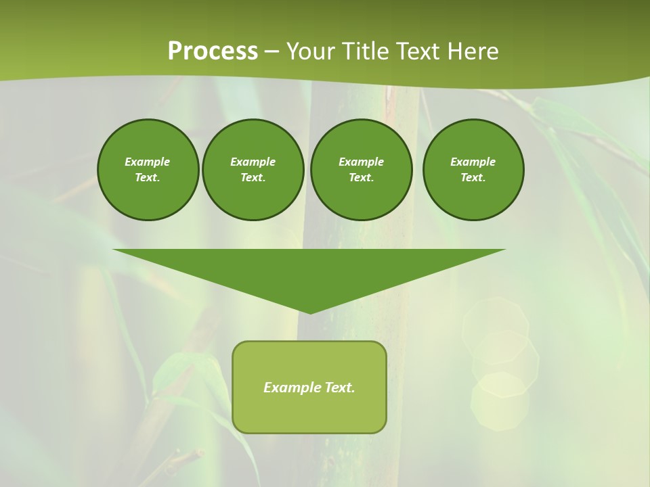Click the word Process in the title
[213, 51]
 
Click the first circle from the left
[148, 170]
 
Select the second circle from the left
[253, 170]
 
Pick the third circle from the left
[361, 170]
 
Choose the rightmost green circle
[473, 170]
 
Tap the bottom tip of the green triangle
[310, 312]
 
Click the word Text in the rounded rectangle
[339, 388]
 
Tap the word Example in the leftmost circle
[148, 162]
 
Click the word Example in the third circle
[361, 162]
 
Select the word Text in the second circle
[252, 178]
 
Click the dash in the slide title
[272, 51]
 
